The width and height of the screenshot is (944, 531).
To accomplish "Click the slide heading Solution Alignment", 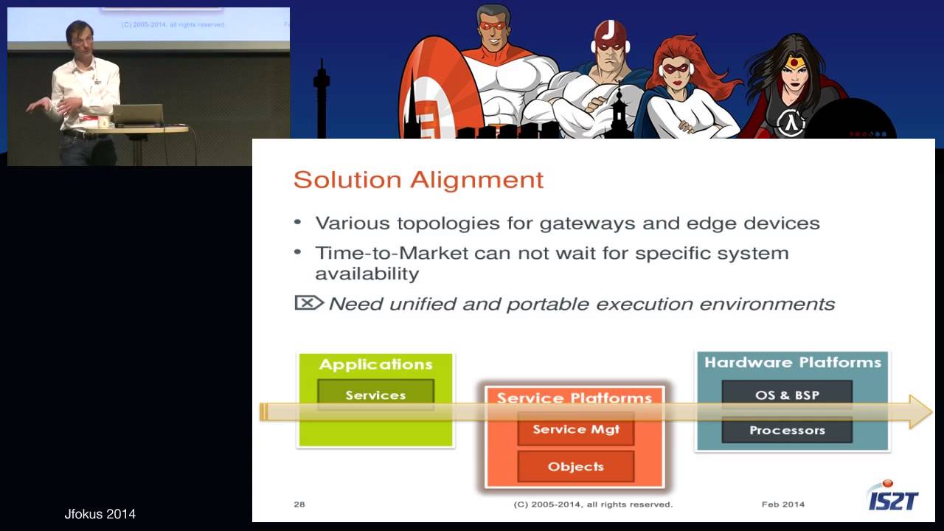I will pos(418,180).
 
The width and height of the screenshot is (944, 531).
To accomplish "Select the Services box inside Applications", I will pos(375,395).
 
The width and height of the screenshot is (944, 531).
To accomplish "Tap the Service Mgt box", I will pos(575,429).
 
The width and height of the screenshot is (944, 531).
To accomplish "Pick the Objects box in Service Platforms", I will pos(575,466).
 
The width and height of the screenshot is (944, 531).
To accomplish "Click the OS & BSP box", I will pos(787,395).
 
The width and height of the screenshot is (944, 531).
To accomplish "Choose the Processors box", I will pos(787,430).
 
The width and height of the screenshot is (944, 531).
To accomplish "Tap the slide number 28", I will pos(299,504).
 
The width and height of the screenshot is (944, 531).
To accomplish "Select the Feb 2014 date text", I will pos(783,504).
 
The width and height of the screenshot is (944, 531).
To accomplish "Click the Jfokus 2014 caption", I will pos(100,514).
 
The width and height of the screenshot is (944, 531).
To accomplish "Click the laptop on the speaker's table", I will pos(137,114).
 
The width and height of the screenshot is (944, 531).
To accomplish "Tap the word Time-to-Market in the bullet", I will pos(392,253).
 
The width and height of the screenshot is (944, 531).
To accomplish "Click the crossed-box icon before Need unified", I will pos(308,302).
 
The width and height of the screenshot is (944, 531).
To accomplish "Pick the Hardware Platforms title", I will pos(792,362).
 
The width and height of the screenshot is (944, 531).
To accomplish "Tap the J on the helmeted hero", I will pos(611,30).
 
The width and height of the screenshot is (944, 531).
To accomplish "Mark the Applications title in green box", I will pos(375,364).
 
